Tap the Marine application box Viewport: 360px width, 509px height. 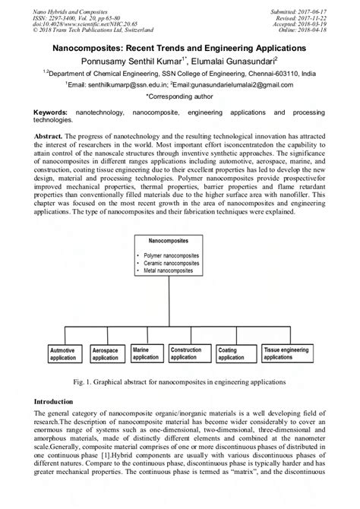tap(146, 353)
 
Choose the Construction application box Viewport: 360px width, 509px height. tap(190, 353)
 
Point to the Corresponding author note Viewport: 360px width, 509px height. tap(179, 98)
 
